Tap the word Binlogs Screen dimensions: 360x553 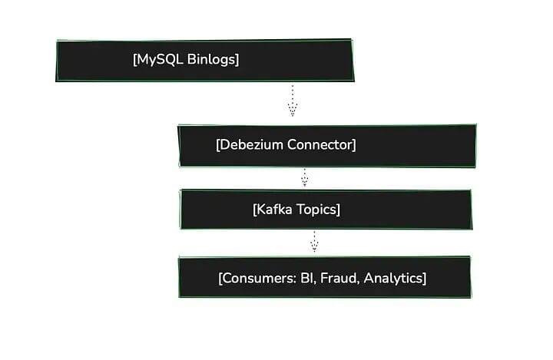[x=211, y=60]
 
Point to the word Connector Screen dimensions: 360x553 [x=319, y=144]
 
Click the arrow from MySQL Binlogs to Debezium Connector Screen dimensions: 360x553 [x=292, y=101]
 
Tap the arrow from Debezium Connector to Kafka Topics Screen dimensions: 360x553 [x=304, y=178]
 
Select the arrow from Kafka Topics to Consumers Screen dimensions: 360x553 [x=313, y=243]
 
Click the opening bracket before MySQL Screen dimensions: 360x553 [x=134, y=60]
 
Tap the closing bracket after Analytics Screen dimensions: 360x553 [x=424, y=278]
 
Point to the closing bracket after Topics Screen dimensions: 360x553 [x=338, y=209]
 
